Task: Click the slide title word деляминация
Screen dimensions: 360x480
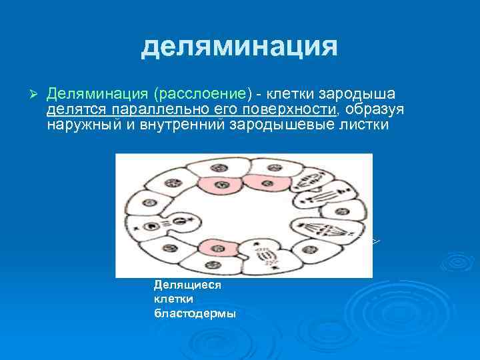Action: (239, 47)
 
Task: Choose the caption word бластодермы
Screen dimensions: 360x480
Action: (194, 314)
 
